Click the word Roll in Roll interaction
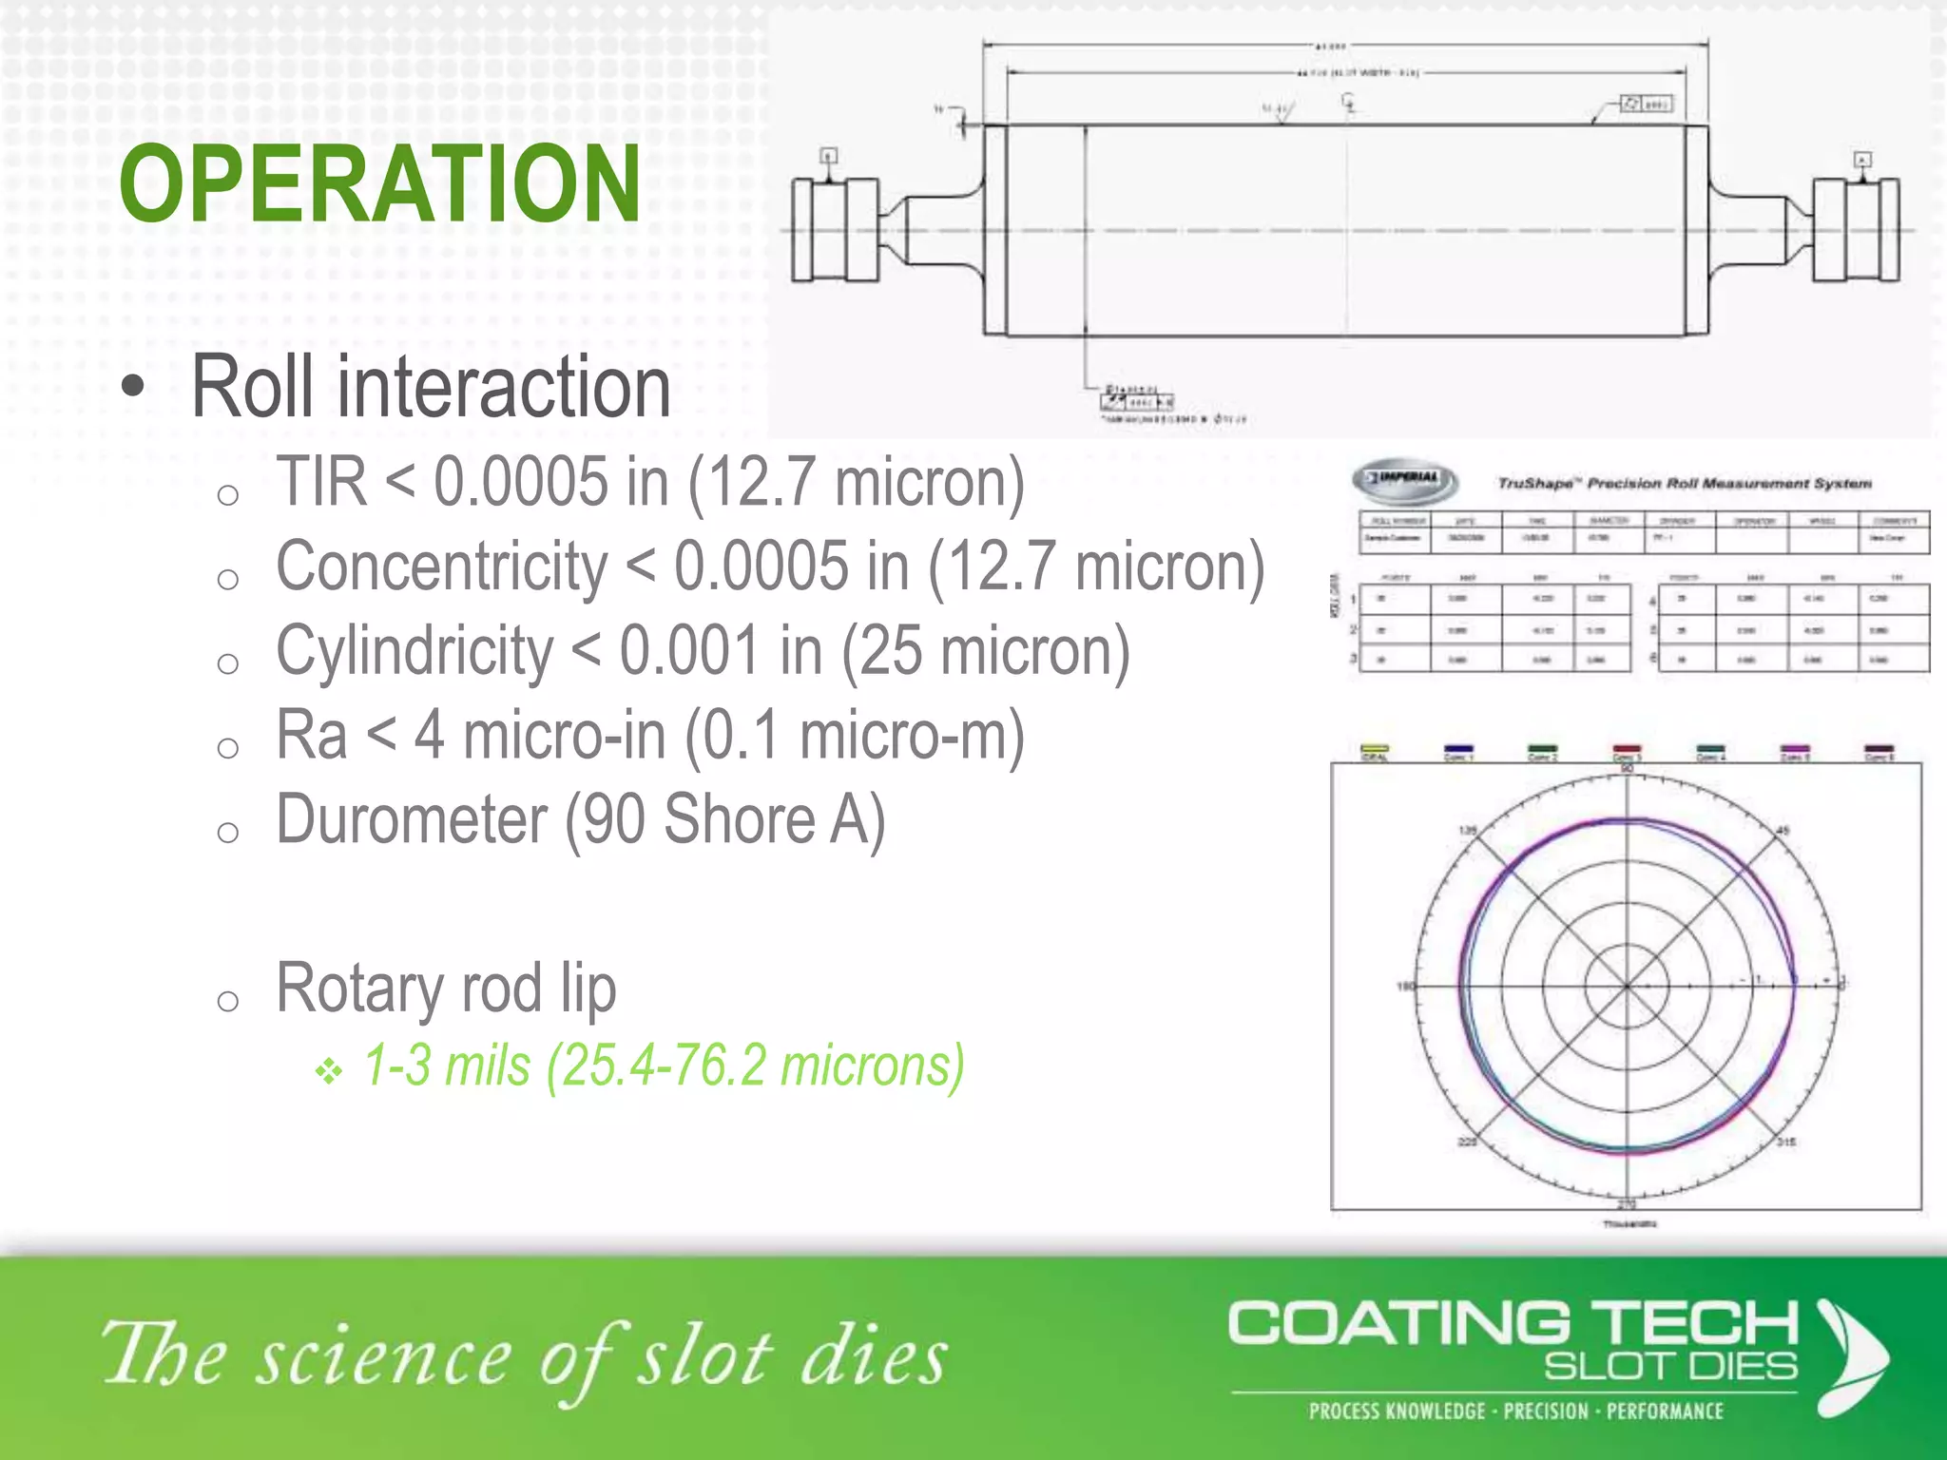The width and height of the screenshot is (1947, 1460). [x=253, y=387]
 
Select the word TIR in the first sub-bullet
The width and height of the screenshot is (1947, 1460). [x=321, y=482]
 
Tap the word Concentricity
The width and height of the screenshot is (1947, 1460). [x=441, y=567]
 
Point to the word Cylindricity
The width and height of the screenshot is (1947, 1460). [x=414, y=652]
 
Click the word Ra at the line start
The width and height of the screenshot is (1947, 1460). [x=311, y=736]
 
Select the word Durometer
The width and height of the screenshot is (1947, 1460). [x=412, y=820]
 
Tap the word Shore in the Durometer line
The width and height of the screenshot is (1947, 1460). [x=739, y=820]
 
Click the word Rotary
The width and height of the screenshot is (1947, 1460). [x=359, y=989]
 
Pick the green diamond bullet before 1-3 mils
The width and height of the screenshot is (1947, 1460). [x=329, y=1072]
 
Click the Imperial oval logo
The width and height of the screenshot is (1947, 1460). [x=1405, y=480]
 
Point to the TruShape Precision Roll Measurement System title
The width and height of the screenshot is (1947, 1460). [x=1684, y=484]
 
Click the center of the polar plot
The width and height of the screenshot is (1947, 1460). [x=1627, y=986]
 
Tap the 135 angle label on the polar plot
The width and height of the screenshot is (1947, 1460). [x=1468, y=831]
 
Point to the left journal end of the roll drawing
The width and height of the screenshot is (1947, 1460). [x=835, y=230]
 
